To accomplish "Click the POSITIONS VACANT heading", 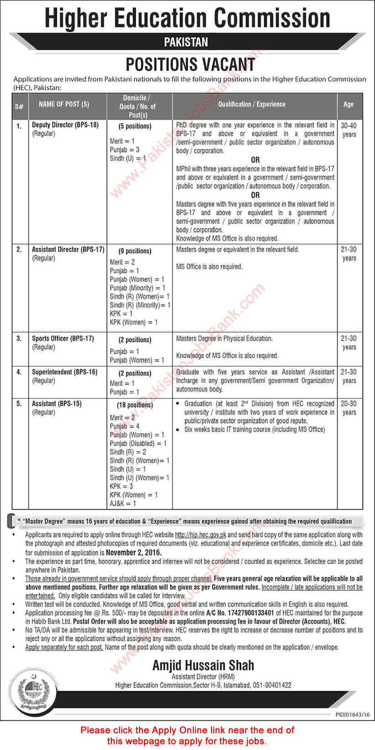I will pyautogui.click(x=190, y=64).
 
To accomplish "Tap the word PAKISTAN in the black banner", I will pyautogui.click(x=186, y=42).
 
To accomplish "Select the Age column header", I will pyautogui.click(x=349, y=104).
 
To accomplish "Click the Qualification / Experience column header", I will pyautogui.click(x=252, y=104).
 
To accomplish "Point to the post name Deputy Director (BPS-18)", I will pyautogui.click(x=65, y=125).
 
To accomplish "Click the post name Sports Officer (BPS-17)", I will pyautogui.click(x=62, y=339).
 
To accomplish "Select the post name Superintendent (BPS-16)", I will pyautogui.click(x=64, y=372).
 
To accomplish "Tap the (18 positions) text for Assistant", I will pyautogui.click(x=135, y=405).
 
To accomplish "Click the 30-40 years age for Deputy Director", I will pyautogui.click(x=349, y=130).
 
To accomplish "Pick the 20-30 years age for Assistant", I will pyautogui.click(x=349, y=408).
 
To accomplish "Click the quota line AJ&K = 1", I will pyautogui.click(x=123, y=503).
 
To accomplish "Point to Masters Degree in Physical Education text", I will pyautogui.click(x=224, y=339).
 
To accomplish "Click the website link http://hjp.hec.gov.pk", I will pyautogui.click(x=200, y=535).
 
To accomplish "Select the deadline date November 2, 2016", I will pyautogui.click(x=134, y=552).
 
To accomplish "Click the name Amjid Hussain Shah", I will pyautogui.click(x=203, y=665).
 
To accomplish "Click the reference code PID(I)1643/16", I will pyautogui.click(x=352, y=714).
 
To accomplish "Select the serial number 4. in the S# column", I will pyautogui.click(x=19, y=372).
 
